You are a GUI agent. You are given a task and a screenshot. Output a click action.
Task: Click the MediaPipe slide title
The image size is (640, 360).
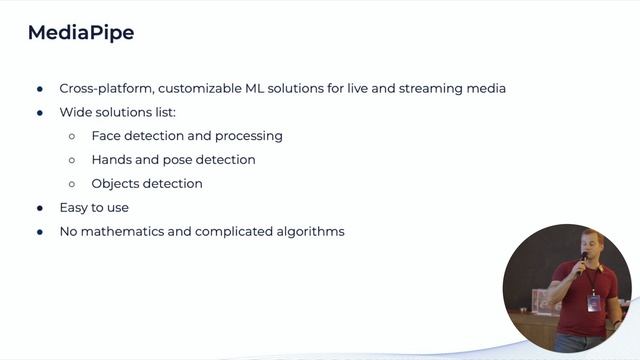point(81,33)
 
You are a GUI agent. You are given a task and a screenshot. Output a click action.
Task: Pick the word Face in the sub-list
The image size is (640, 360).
point(107,136)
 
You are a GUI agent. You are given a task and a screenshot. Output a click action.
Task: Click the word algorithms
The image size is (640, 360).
point(308,232)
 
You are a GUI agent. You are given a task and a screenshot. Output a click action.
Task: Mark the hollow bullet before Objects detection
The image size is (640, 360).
point(72,184)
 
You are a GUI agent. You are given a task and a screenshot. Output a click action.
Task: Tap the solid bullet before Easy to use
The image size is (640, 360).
point(40,208)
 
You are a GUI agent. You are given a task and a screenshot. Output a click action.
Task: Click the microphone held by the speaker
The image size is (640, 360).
point(584,259)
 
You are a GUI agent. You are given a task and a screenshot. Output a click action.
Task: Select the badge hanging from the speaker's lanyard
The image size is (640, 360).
point(594,302)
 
